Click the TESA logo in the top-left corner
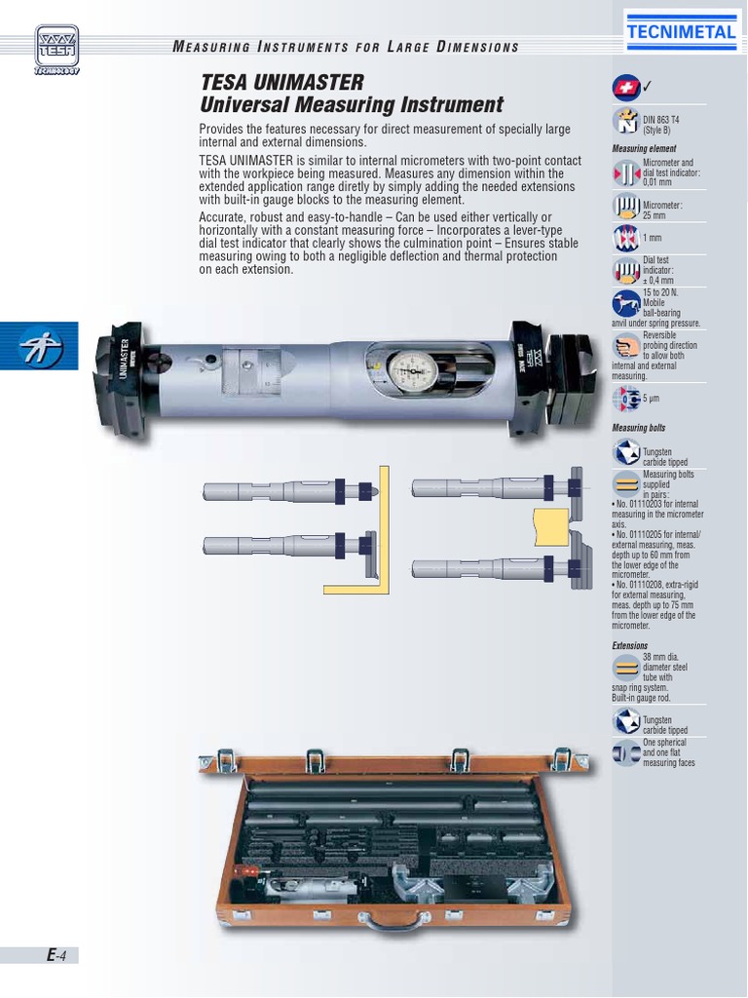coord(57,48)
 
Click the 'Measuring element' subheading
coord(644,149)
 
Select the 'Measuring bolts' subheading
coord(639,428)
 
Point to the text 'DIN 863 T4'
coord(662,117)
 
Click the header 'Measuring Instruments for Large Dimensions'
coord(346,47)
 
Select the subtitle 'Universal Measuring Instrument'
coord(352,105)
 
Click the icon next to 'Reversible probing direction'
coord(625,347)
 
